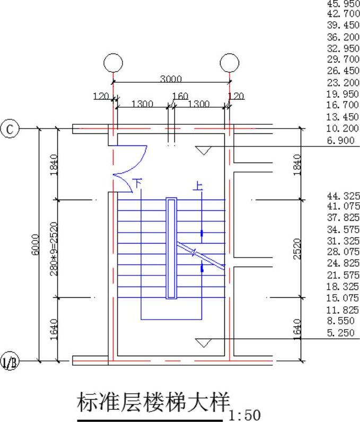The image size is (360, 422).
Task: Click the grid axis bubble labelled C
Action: [10, 129]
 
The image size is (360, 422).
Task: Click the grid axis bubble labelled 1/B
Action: [10, 360]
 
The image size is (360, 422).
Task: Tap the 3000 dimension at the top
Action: [171, 79]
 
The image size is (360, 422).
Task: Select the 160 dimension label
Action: [180, 96]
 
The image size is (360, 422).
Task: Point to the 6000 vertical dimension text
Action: [35, 244]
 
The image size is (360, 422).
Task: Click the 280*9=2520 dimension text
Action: [54, 248]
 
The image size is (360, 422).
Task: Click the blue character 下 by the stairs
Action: [138, 183]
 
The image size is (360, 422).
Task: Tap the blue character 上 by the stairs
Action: [198, 186]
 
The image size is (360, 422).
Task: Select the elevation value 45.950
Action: [344, 4]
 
